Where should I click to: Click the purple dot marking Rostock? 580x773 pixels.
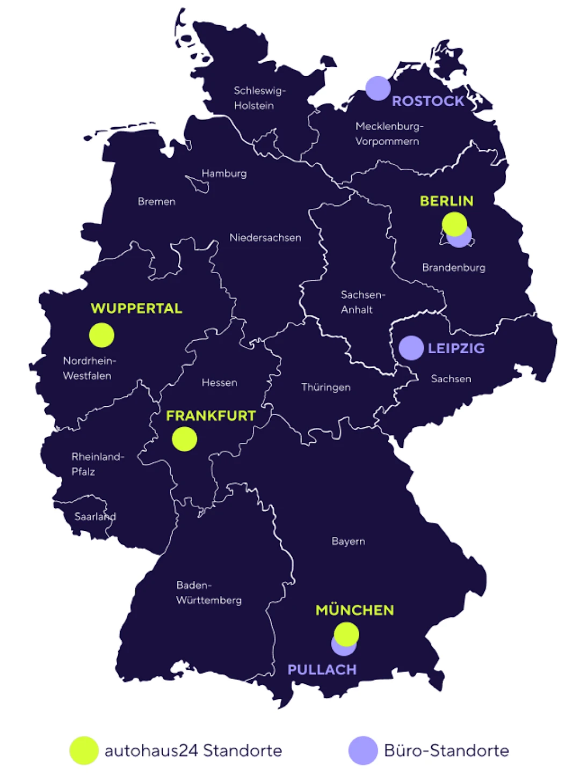pos(378,88)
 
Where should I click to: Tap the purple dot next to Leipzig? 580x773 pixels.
pos(411,348)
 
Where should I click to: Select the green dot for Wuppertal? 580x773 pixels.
pos(102,335)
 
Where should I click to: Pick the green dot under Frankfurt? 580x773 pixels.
pos(184,439)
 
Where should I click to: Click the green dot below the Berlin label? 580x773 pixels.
pos(454,223)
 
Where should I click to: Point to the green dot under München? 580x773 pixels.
pos(346,634)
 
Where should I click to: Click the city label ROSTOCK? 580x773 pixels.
pos(428,101)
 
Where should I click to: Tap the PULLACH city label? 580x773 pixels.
pos(322,669)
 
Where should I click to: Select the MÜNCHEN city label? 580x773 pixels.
pos(354,610)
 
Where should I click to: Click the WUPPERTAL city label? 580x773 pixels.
pos(136,308)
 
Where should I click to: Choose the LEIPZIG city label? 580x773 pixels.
pos(456,348)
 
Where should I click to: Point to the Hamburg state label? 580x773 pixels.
pos(224,173)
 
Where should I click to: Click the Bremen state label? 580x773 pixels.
pos(156,201)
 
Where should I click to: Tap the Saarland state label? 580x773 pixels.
pos(95,516)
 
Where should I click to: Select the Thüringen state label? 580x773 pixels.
pos(325,387)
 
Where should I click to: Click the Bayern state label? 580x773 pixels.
pos(348,541)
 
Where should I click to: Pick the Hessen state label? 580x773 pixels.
pos(219,382)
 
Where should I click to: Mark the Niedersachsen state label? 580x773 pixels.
pos(265,237)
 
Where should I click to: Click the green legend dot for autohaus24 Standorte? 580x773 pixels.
pos(84,750)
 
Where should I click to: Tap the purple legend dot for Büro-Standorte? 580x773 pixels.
pos(363,750)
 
